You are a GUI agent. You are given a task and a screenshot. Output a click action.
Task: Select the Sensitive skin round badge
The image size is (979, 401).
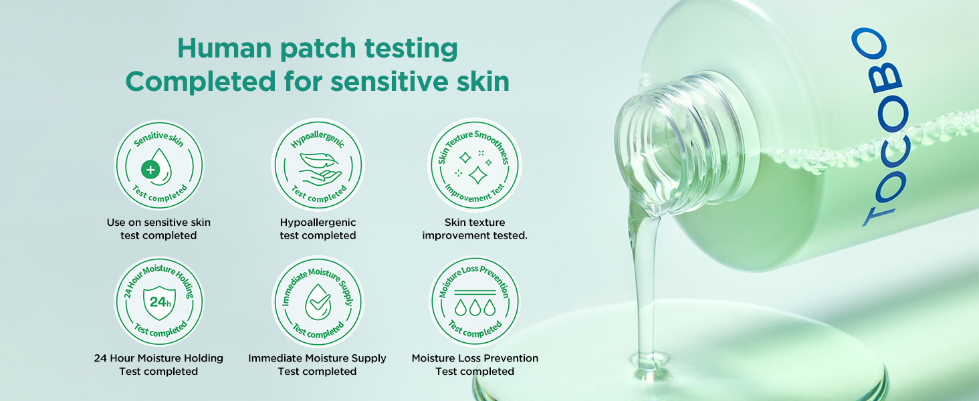[158, 166]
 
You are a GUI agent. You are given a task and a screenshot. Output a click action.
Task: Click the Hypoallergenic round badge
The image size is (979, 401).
[318, 164]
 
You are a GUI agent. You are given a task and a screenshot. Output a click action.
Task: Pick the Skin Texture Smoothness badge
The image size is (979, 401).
[475, 165]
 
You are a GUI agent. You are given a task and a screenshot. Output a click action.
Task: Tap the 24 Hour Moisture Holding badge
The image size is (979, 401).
[158, 301]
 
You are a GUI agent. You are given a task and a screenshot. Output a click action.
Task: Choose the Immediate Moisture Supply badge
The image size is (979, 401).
[318, 301]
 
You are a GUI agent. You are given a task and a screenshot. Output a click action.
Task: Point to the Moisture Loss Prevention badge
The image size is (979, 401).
[475, 301]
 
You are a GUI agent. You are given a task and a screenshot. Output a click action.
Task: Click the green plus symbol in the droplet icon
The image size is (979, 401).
[150, 170]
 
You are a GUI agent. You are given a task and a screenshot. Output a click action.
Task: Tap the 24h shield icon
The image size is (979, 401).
[160, 302]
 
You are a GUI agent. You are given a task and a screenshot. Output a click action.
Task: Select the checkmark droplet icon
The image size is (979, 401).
[318, 302]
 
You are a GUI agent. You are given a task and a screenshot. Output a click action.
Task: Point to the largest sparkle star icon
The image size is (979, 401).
[477, 175]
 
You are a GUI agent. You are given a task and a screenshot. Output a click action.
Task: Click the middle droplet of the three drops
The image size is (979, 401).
[475, 307]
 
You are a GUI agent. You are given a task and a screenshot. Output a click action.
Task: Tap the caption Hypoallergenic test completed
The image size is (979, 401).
[318, 229]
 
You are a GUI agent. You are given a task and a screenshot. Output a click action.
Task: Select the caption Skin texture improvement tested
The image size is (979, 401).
[475, 229]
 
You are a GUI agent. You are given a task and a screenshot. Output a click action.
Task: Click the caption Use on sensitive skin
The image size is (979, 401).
[158, 223]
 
